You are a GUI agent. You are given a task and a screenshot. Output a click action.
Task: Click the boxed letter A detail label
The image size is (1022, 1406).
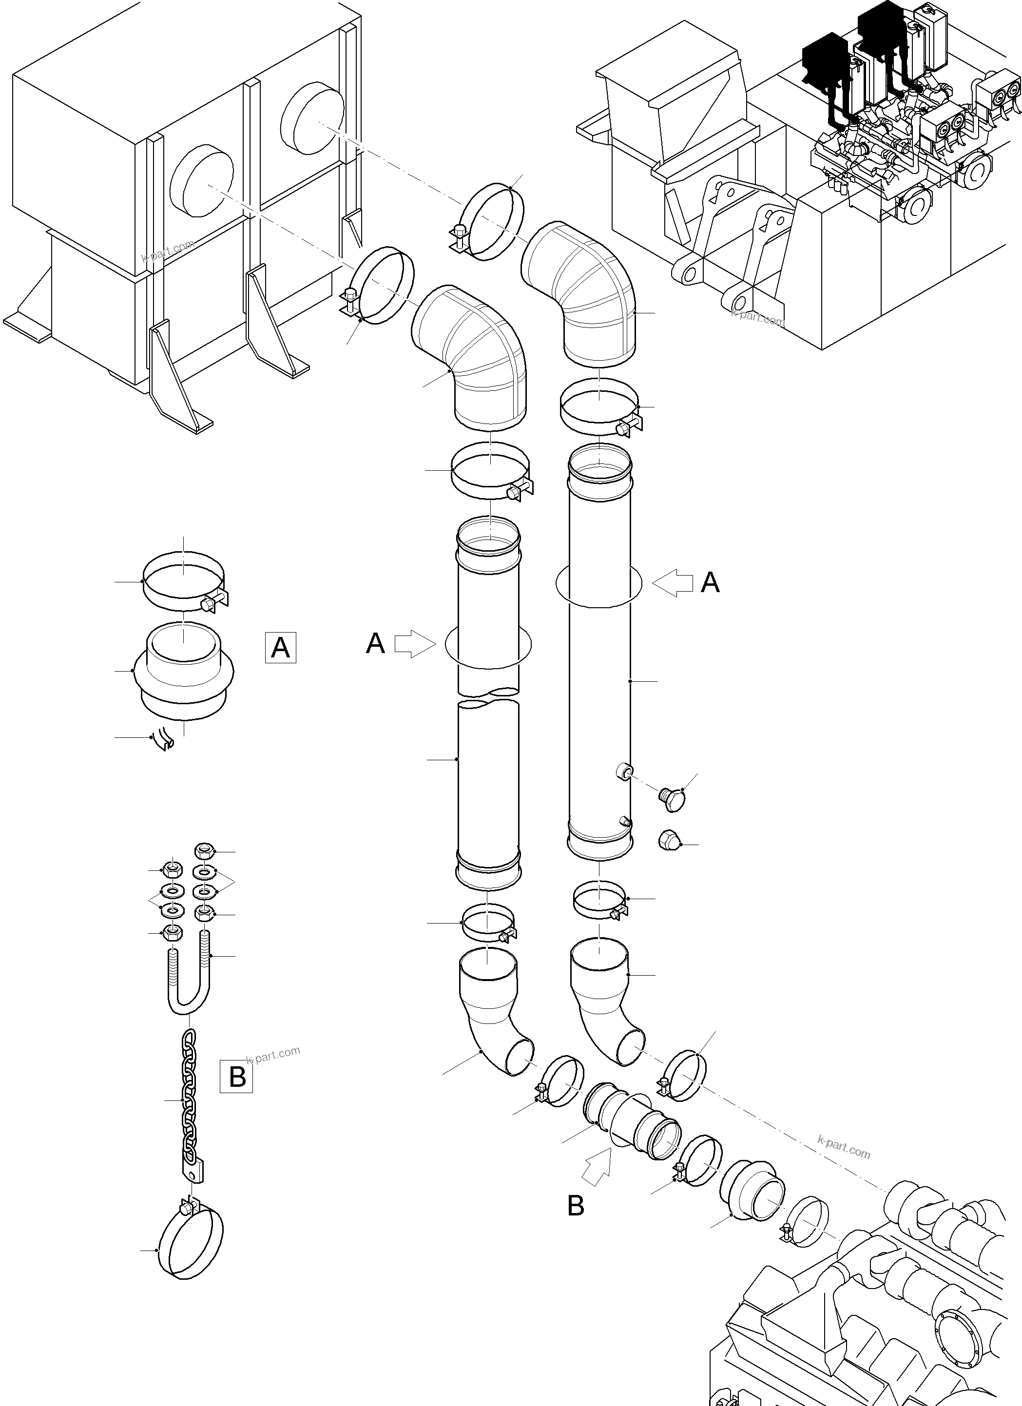click(x=280, y=647)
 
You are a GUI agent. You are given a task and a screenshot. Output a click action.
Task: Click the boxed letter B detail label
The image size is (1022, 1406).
click(x=237, y=1077)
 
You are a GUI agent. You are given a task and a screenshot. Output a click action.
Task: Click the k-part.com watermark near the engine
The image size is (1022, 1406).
click(x=844, y=1148)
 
